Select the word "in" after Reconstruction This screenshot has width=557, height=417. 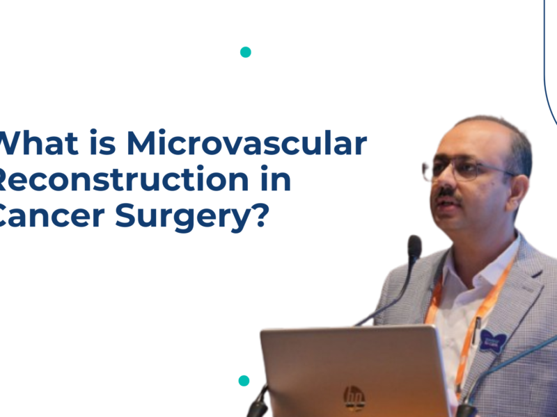276,180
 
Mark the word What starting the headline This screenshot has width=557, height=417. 39,144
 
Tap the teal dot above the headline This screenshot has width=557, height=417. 245,52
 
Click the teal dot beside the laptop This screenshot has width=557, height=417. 244,380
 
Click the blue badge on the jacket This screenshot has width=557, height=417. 492,341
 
